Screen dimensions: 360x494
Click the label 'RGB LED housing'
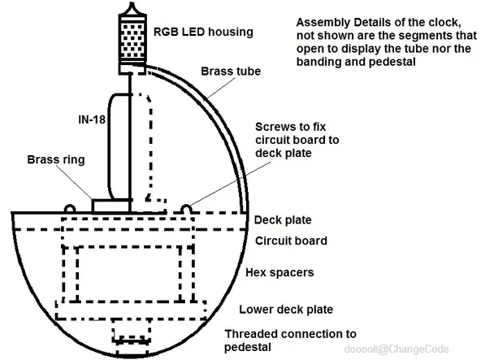click(203, 33)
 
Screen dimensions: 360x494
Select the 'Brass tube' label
click(231, 72)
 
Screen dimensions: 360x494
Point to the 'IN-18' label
click(81, 119)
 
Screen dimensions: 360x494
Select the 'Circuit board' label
click(291, 241)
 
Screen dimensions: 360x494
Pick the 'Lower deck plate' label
click(285, 309)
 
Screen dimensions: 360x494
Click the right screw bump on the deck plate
click(188, 208)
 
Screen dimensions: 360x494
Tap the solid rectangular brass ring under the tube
click(111, 206)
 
